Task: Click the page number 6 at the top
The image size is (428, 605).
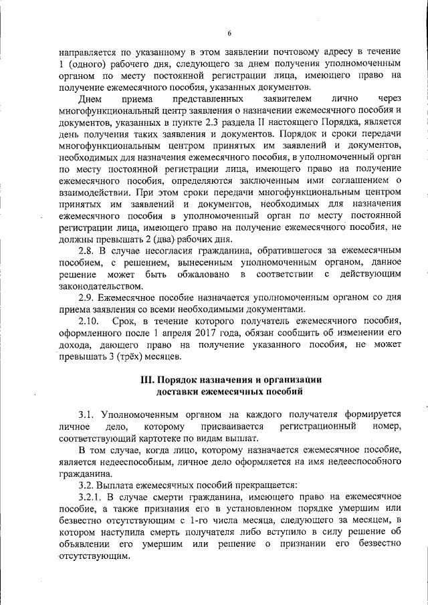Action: pos(228,33)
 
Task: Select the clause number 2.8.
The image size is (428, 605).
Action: pos(88,250)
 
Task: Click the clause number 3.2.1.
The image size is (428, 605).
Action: pos(92,496)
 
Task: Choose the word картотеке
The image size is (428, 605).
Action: pos(173,438)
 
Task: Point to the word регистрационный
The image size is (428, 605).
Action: pos(314,427)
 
